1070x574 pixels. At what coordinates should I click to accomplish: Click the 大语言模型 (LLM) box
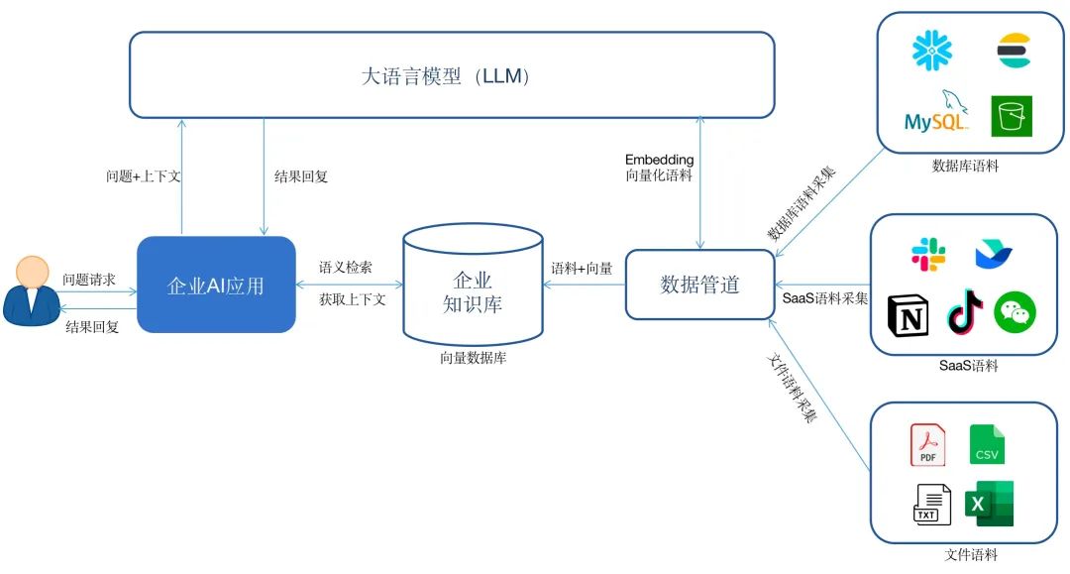pos(452,75)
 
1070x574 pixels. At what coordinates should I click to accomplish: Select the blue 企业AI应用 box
pos(216,285)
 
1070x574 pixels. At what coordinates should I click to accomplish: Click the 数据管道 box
pos(699,285)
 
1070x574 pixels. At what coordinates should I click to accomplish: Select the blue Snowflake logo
pos(931,51)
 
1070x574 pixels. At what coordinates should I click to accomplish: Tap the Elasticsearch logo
pos(1014,51)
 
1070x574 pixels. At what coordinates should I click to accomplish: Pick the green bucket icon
pos(1012,116)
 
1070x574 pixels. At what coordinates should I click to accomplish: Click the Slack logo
pos(928,255)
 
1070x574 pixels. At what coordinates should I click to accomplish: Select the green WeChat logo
pos(1015,314)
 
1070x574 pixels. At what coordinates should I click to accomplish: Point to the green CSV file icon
pos(987,444)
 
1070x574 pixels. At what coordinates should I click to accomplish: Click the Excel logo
pos(991,504)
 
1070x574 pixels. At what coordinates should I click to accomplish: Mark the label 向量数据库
pos(474,359)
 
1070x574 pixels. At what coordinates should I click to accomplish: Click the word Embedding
pos(659,159)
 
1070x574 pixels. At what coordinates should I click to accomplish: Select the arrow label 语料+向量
pos(582,268)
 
